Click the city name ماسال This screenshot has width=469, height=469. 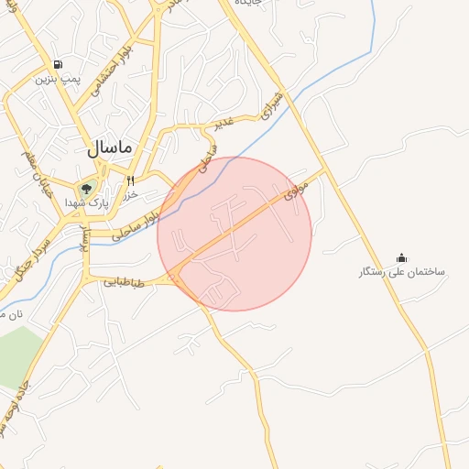(111, 147)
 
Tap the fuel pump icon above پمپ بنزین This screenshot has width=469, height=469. (59, 65)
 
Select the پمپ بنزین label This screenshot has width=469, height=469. (59, 80)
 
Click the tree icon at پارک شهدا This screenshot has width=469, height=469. (86, 189)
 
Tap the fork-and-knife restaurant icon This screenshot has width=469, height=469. (131, 180)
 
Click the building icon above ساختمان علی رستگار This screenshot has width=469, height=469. (401, 258)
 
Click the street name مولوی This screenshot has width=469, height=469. (295, 190)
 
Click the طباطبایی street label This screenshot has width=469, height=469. (125, 283)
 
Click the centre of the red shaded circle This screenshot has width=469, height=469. (234, 234)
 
